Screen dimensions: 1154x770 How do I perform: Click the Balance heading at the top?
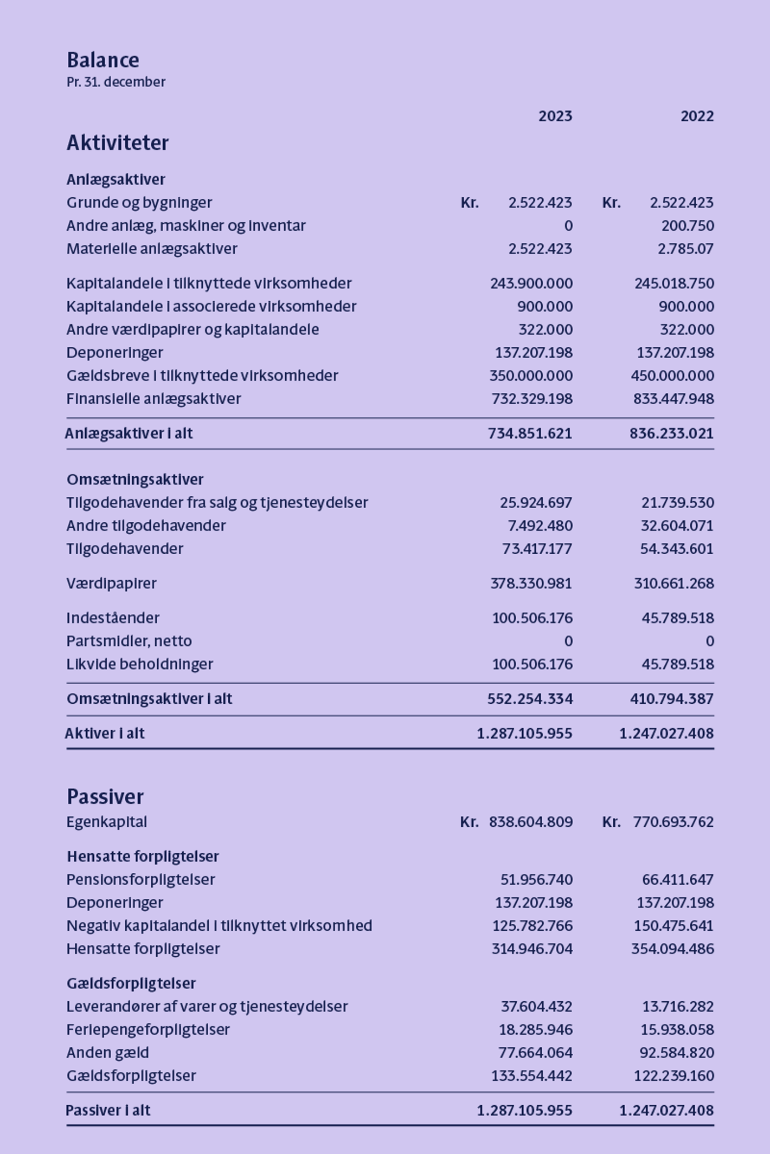tap(103, 60)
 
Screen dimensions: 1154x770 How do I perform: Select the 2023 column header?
tap(555, 116)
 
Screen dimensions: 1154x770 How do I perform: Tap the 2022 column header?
tap(697, 116)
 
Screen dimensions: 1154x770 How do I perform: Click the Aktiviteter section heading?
tap(118, 143)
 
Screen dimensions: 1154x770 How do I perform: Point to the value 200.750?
tap(687, 226)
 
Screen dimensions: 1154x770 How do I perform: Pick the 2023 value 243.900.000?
tap(531, 283)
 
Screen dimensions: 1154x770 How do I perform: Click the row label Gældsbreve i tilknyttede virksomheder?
tap(202, 376)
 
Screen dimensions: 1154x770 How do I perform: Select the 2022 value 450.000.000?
tap(672, 376)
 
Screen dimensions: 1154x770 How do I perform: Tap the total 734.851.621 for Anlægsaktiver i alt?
tap(530, 433)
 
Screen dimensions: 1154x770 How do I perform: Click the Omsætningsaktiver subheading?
tap(135, 479)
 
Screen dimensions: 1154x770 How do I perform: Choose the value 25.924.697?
tap(536, 503)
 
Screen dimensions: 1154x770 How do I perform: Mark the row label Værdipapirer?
tap(111, 584)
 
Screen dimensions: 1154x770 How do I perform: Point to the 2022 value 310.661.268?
tap(673, 584)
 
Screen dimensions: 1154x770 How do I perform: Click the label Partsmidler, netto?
tap(129, 641)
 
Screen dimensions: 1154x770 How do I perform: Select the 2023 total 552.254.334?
tap(530, 699)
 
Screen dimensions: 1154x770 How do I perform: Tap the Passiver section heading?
tap(105, 797)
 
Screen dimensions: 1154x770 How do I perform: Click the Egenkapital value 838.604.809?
tap(530, 822)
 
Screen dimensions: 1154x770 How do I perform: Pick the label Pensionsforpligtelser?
tap(140, 880)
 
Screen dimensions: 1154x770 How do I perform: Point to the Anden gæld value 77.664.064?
tap(535, 1053)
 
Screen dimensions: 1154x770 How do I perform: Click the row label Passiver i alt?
tap(108, 1111)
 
